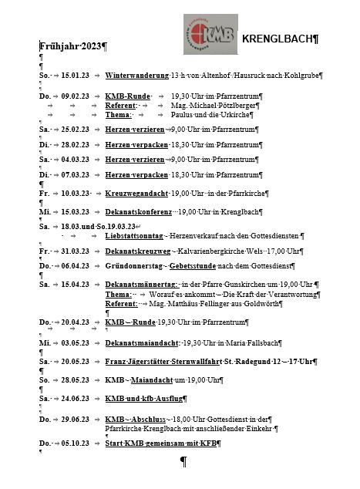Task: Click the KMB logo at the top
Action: click(204, 39)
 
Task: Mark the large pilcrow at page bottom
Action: click(183, 464)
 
